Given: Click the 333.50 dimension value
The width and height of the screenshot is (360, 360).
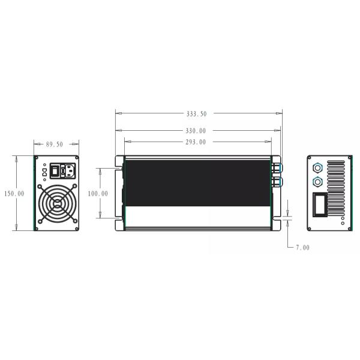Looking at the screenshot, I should coord(197,113).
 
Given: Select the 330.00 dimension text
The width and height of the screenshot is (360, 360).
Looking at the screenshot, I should coord(196,130).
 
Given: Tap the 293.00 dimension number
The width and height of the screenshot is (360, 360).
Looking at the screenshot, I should coord(196,142).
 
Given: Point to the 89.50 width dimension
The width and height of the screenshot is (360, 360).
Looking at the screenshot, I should coord(55,145).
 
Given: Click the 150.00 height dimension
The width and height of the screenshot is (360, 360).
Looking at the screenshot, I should coord(13,194).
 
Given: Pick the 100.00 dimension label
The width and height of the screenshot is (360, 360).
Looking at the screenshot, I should coord(98,194).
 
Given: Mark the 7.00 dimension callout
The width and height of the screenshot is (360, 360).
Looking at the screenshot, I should coord(303,247).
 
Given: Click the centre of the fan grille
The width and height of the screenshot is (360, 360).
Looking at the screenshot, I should coord(57,204).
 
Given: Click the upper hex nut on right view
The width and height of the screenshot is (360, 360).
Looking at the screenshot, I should coord(317,166).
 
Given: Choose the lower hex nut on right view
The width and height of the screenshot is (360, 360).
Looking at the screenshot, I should coord(317,180).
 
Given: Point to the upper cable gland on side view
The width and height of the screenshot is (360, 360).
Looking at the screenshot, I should coord(278,164).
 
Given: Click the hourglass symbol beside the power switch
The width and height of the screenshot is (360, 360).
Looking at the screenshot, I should coord(44,172).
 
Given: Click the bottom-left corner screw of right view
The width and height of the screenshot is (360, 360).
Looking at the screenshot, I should coord(311,226).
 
